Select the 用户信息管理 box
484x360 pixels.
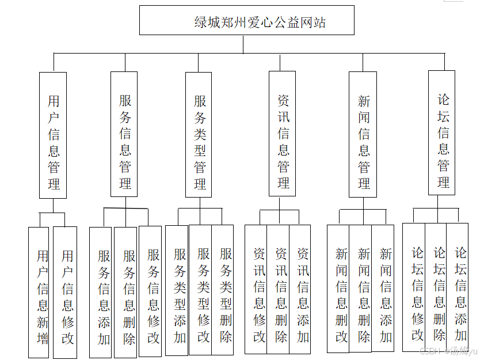tap(53, 135)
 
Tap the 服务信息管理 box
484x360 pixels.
tap(124, 134)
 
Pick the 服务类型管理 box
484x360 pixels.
tap(199, 134)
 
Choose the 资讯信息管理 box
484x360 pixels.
tap(283, 134)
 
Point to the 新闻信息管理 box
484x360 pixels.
tap(363, 134)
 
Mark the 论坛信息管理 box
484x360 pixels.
tap(442, 132)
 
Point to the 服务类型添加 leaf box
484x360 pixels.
tap(177, 290)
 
